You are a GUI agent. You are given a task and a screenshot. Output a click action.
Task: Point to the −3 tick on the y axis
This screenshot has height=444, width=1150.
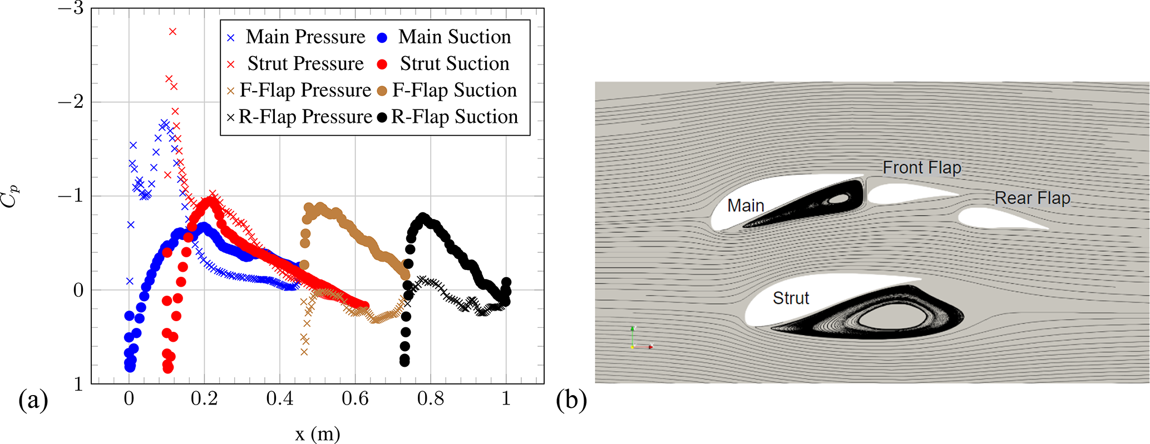point(71,9)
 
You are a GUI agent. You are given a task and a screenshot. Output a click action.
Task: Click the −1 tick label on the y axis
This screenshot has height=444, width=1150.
point(71,196)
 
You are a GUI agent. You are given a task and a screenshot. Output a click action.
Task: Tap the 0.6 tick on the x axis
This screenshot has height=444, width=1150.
point(355,398)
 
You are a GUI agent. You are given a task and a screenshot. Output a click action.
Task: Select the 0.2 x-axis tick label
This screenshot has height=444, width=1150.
point(204,398)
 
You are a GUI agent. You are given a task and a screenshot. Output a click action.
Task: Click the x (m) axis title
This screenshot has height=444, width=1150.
point(317,434)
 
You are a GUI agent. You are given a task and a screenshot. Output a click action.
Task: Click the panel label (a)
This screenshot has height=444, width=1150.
point(33,400)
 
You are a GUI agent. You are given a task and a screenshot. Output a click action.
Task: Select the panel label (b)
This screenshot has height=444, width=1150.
point(571,400)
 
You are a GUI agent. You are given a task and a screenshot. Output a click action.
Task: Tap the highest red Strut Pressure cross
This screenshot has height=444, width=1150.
point(172,32)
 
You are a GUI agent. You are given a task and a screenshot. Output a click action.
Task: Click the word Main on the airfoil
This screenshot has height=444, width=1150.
point(746,206)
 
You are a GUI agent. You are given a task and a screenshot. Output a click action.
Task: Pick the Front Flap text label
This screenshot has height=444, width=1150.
point(922,167)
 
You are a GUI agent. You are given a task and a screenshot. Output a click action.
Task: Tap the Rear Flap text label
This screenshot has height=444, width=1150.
point(1032,198)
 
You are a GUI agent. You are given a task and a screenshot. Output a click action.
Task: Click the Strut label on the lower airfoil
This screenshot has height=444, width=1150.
point(791,298)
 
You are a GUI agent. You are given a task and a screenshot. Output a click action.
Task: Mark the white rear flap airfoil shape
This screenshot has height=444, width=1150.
point(996,218)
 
